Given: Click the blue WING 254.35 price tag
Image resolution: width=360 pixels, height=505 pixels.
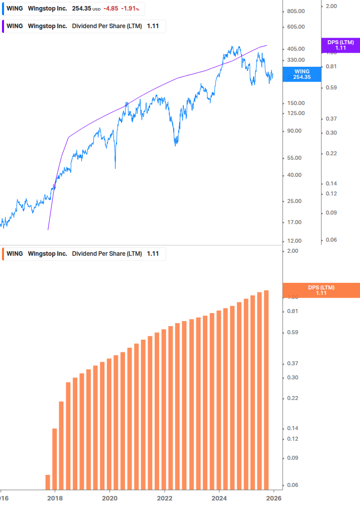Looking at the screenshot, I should (x=302, y=74).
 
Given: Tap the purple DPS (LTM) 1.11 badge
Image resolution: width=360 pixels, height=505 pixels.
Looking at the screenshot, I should (x=340, y=45).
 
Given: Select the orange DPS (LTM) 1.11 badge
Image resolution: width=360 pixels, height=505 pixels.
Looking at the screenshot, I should (x=321, y=290).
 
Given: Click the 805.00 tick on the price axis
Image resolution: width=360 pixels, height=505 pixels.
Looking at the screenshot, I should (x=295, y=11).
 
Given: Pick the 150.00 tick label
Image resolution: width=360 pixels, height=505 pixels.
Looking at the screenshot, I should (x=295, y=103).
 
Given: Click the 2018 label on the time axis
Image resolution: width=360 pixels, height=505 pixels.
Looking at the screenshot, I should (x=55, y=498).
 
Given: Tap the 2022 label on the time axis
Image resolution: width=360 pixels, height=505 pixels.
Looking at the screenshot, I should (x=164, y=498).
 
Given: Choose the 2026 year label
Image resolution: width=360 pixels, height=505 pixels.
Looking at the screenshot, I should (x=273, y=498).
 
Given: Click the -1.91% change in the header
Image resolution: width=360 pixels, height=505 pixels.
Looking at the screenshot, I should (x=129, y=9).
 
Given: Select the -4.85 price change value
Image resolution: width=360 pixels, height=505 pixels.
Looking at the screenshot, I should (x=111, y=9).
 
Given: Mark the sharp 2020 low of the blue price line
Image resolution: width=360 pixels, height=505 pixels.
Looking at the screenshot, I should (x=115, y=168).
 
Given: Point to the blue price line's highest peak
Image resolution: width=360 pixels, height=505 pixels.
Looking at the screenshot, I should (x=232, y=47).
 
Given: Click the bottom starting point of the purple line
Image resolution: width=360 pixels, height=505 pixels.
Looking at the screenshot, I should (x=48, y=229).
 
